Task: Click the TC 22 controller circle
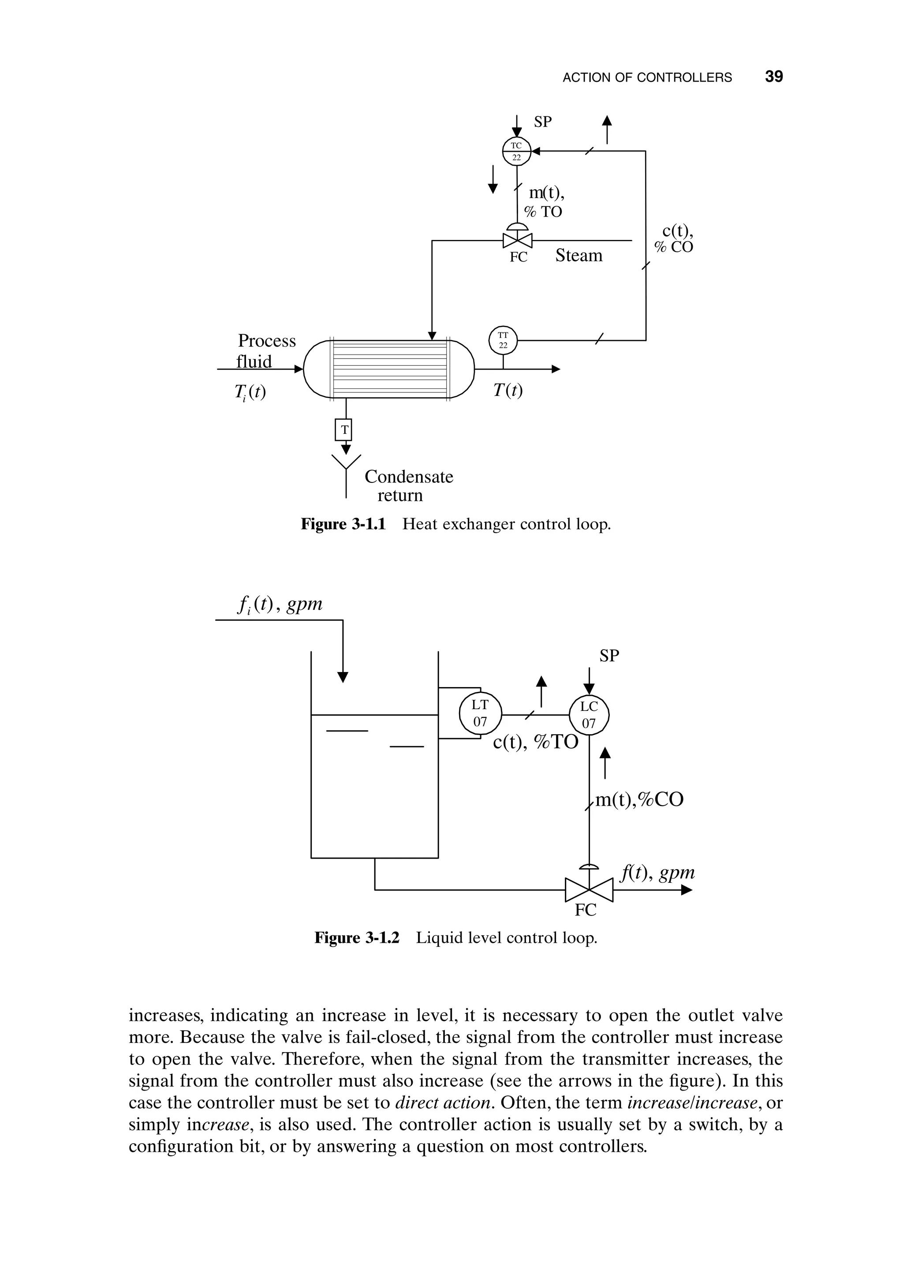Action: coord(517,151)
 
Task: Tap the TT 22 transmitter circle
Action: coord(503,340)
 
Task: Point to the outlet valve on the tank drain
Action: coord(589,890)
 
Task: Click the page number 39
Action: coord(773,77)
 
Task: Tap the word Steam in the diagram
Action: coord(578,256)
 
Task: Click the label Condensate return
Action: coord(409,486)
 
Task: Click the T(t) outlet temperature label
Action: coord(507,391)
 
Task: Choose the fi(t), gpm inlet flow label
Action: coord(279,605)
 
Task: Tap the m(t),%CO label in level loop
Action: coord(639,800)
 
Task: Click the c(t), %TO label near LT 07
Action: coord(535,742)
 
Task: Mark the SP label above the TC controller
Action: coord(543,122)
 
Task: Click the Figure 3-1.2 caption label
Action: coord(357,938)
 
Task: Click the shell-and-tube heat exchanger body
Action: coord(388,369)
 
